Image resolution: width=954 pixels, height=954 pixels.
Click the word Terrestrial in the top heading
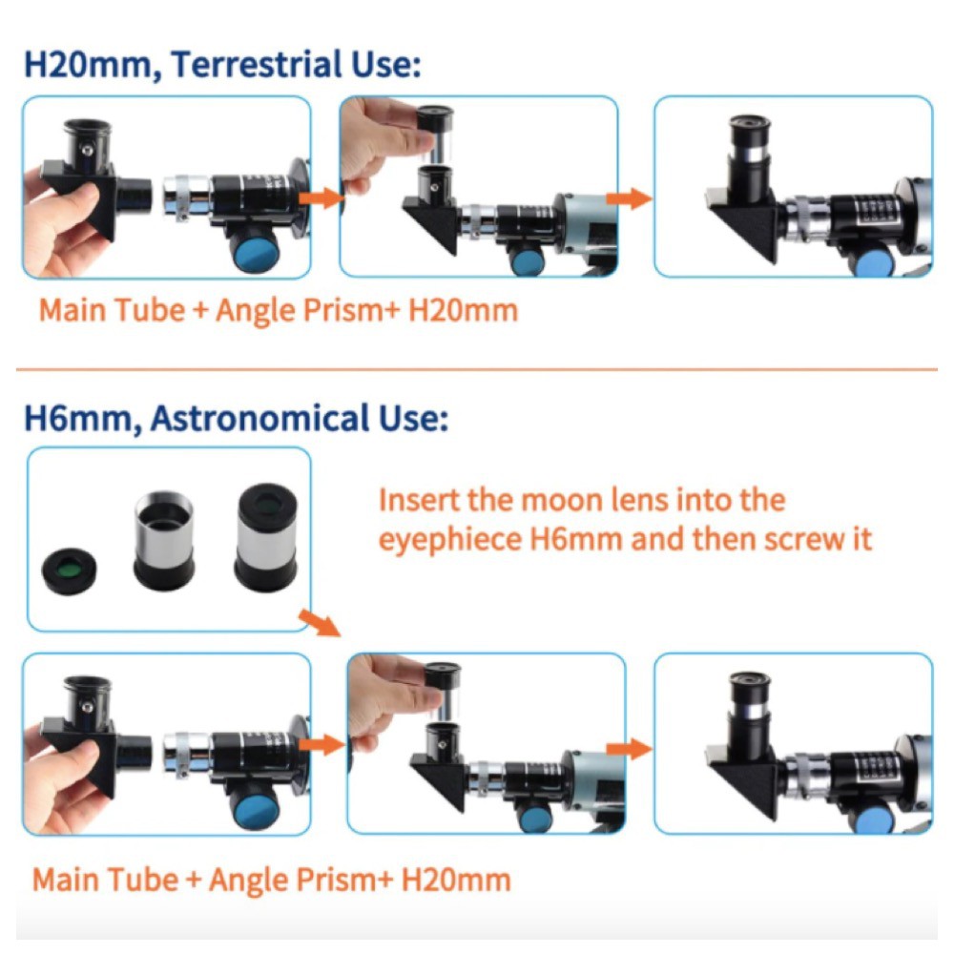[x=256, y=64]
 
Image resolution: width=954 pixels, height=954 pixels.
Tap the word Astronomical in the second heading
[x=260, y=418]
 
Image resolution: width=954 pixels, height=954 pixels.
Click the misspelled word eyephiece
[x=450, y=540]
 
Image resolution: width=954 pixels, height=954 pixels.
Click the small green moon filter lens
[x=69, y=571]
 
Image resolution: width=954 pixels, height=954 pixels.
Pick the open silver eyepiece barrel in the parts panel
[x=164, y=541]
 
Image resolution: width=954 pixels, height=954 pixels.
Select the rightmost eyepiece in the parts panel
[x=266, y=537]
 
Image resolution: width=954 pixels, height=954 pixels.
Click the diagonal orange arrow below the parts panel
[x=320, y=624]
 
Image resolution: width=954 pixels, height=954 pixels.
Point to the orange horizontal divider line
[x=476, y=368]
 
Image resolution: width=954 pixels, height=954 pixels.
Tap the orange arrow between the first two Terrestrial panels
[x=321, y=197]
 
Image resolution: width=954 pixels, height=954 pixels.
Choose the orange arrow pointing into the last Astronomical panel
[x=630, y=749]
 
